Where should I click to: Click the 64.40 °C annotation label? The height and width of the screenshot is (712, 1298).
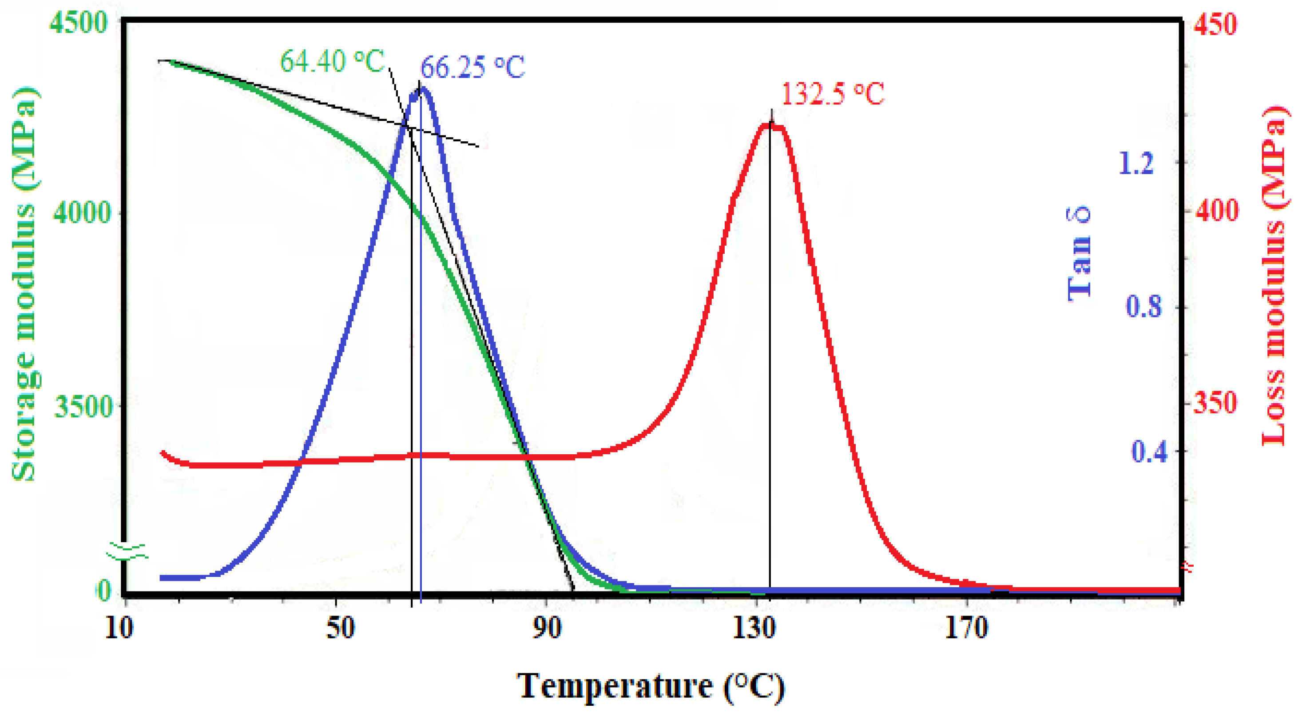pyautogui.click(x=332, y=62)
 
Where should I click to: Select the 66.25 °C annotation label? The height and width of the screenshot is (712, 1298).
pyautogui.click(x=472, y=67)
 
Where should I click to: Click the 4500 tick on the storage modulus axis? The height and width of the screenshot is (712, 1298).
pyautogui.click(x=79, y=23)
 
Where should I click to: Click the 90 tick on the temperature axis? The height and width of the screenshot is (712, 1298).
pyautogui.click(x=547, y=629)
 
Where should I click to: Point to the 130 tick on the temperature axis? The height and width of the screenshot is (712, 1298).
pyautogui.click(x=754, y=629)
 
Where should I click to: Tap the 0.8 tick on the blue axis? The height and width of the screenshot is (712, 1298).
pyautogui.click(x=1144, y=307)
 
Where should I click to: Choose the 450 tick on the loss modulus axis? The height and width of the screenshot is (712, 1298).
pyautogui.click(x=1215, y=24)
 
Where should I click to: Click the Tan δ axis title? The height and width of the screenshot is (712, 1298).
pyautogui.click(x=1080, y=254)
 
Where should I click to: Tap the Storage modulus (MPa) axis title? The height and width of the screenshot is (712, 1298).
pyautogui.click(x=24, y=285)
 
